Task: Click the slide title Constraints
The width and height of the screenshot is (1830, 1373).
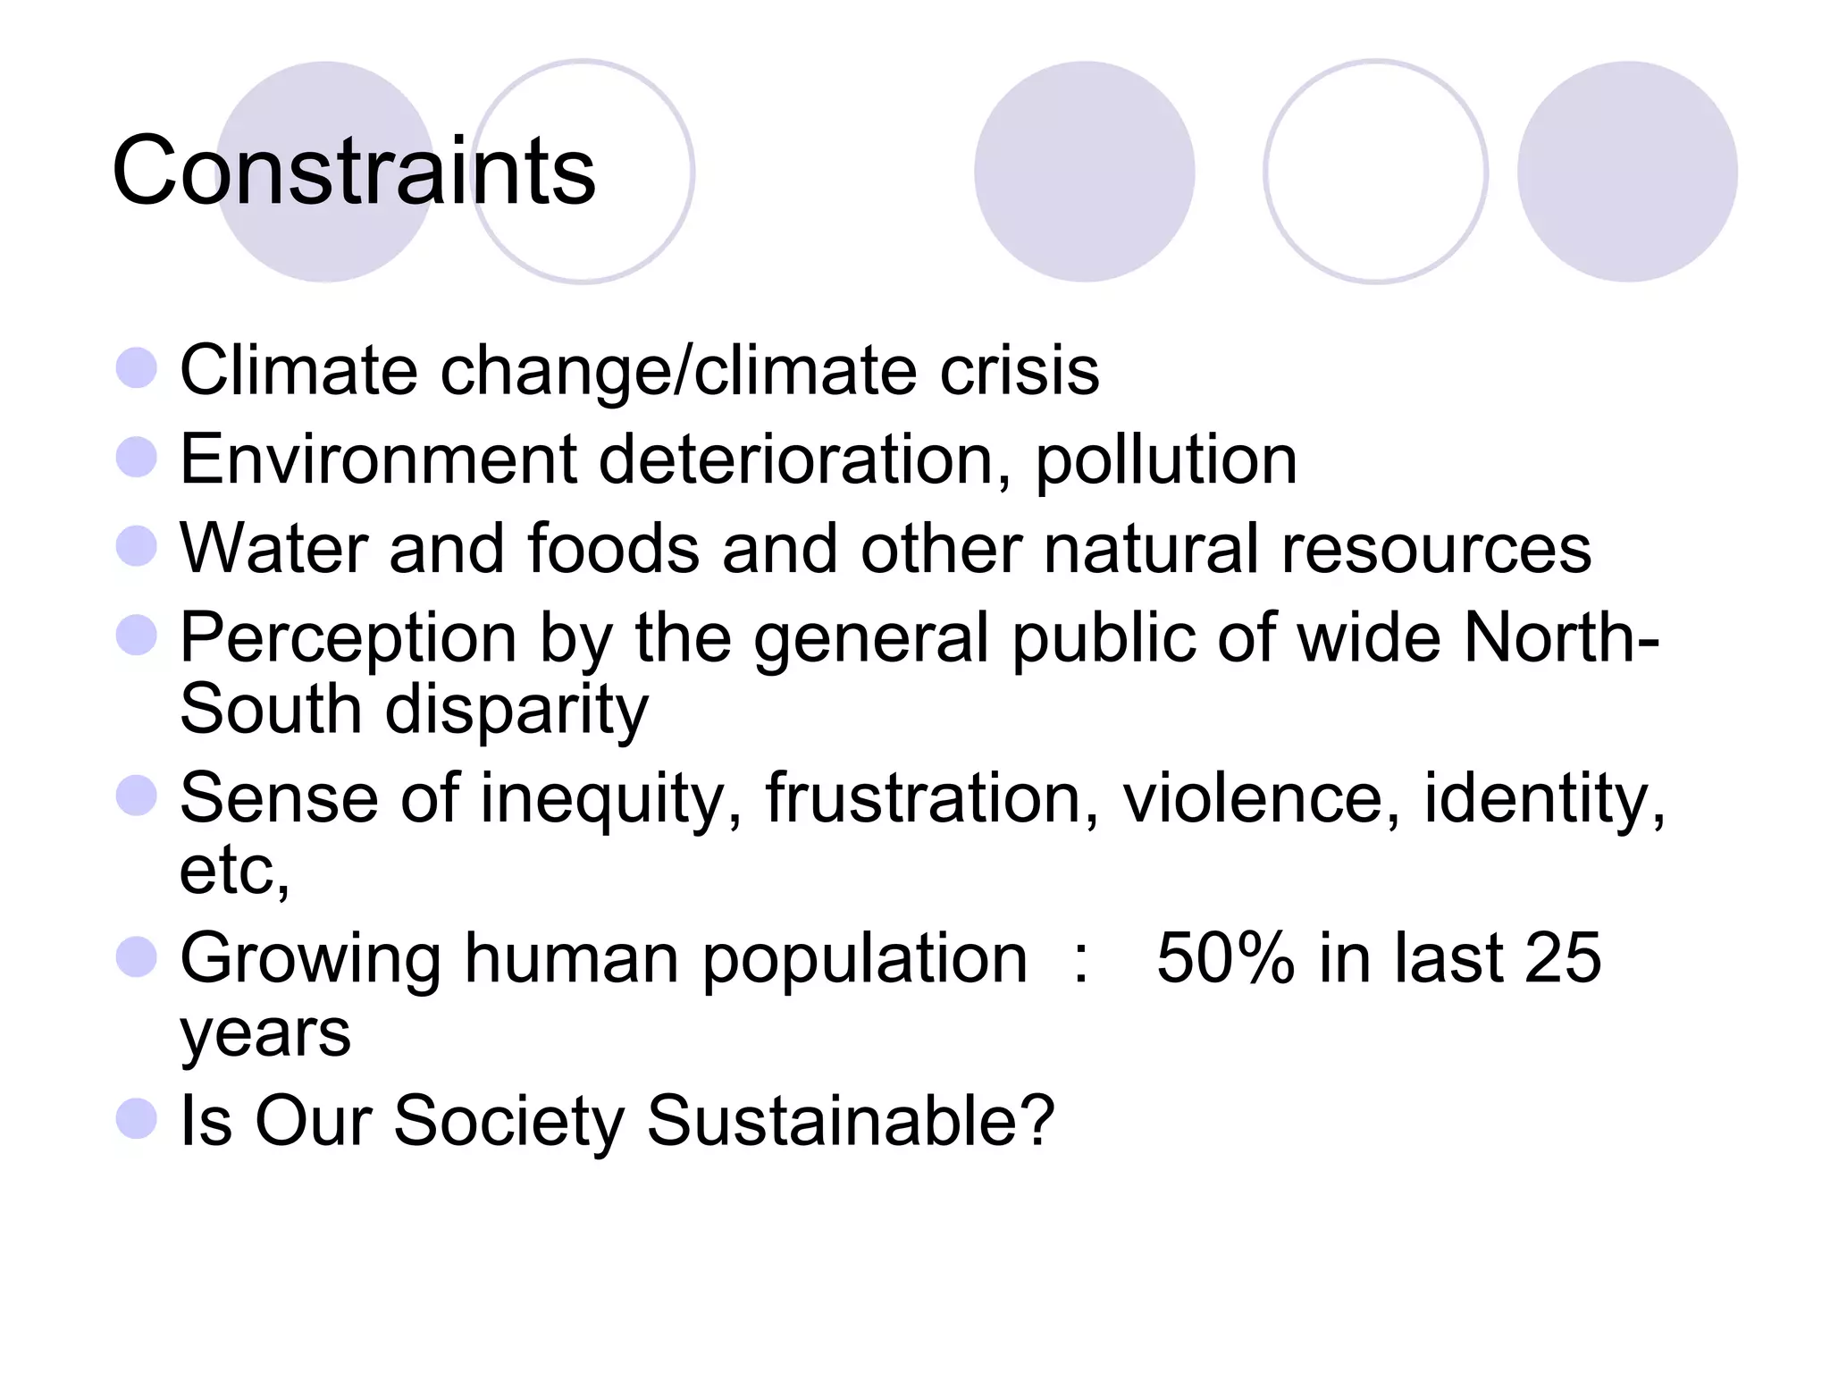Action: (354, 170)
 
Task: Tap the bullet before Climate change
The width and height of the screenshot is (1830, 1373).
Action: (137, 367)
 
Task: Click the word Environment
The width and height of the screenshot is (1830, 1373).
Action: (379, 459)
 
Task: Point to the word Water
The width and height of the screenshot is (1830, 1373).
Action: (273, 548)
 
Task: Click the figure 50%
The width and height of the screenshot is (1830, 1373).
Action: (1225, 958)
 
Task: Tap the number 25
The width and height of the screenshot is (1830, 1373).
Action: (1562, 958)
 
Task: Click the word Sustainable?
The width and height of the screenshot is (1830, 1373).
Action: (850, 1120)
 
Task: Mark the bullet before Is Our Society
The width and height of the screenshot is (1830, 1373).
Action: (137, 1117)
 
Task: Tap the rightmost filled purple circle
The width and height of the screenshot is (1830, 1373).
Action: (1626, 172)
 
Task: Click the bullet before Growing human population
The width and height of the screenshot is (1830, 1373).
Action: (137, 956)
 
